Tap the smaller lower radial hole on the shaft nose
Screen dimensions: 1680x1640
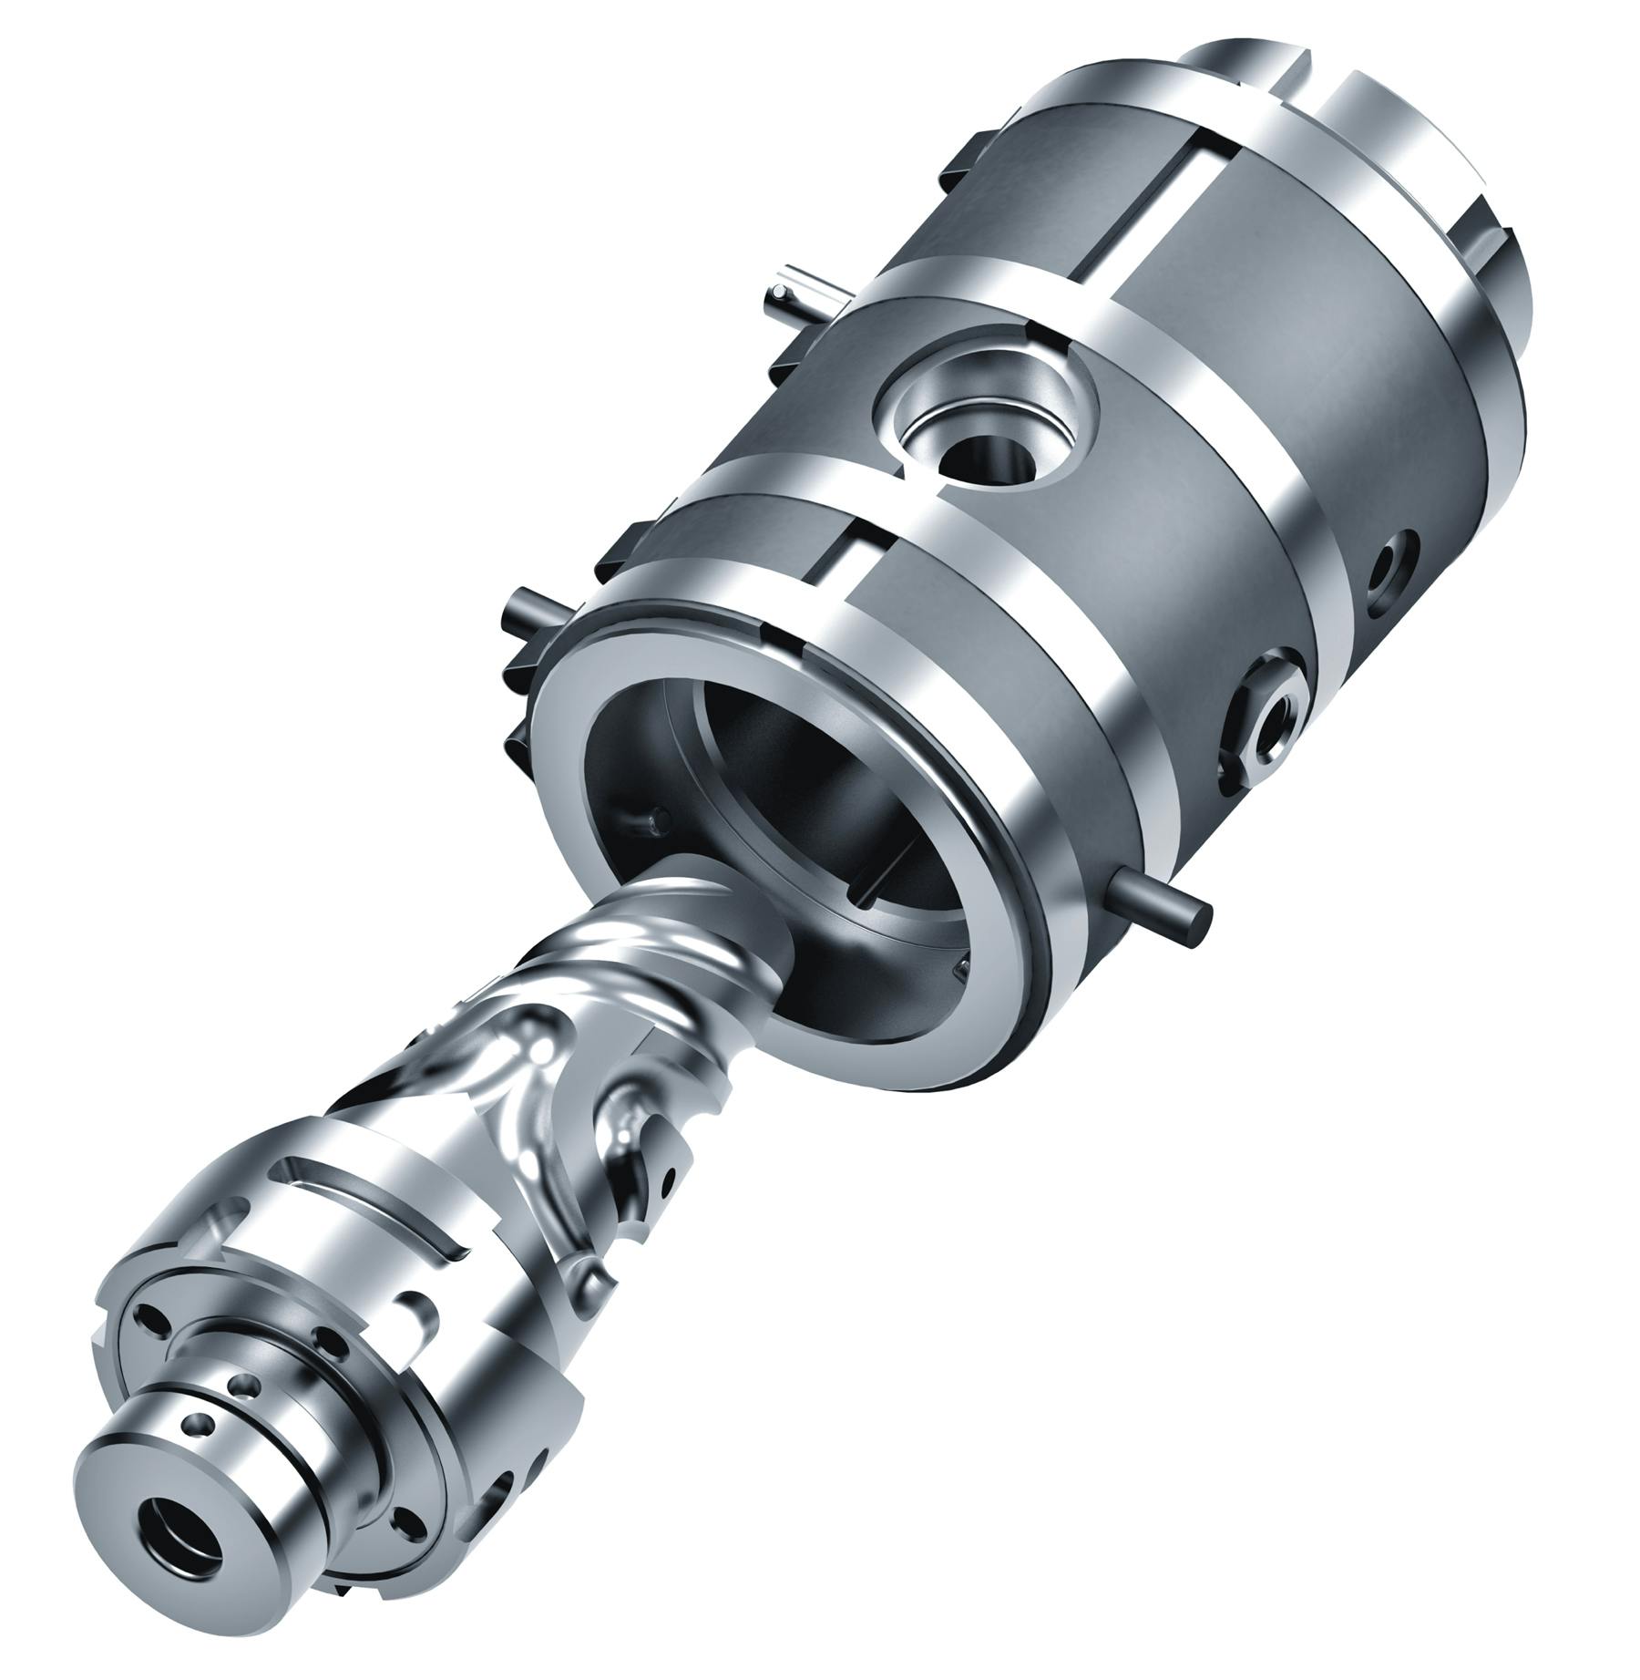(196, 1448)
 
